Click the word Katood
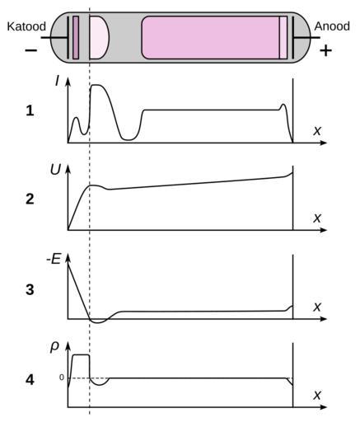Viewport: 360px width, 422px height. point(26,26)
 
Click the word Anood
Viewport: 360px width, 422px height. point(332,26)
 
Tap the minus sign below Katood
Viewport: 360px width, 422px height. point(31,50)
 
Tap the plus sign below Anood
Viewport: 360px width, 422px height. point(325,50)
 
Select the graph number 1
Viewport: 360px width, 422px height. point(30,111)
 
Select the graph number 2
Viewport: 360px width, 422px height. point(30,199)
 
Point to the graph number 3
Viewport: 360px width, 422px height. point(30,289)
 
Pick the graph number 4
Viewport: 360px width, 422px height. point(30,380)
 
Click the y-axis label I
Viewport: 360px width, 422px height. point(57,81)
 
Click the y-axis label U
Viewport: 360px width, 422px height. point(55,170)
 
